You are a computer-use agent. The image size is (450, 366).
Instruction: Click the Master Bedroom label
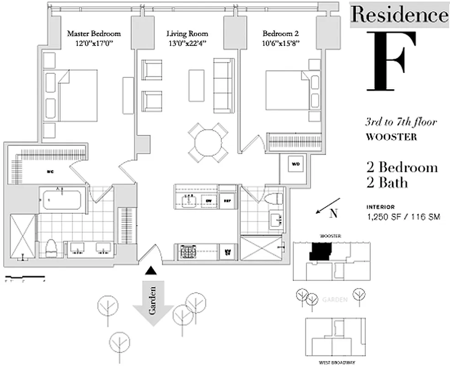pos(94,33)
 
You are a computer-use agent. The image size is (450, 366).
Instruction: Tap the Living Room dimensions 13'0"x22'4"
pos(187,43)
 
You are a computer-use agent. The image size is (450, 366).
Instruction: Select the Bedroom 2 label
pos(281,33)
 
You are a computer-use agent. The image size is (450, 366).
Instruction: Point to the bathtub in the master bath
pos(61,199)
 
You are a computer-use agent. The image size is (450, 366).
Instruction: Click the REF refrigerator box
pos(227,200)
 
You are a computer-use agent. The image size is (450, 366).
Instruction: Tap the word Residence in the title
pos(399,15)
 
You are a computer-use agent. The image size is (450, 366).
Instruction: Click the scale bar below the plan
pos(25,277)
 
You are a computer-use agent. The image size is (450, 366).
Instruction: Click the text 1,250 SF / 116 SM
pos(403,217)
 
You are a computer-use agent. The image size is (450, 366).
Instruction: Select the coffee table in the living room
pos(198,86)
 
